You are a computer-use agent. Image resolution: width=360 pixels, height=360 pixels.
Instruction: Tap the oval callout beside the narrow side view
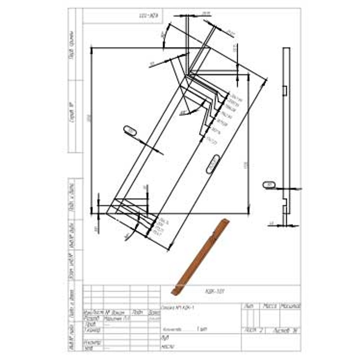click(x=269, y=184)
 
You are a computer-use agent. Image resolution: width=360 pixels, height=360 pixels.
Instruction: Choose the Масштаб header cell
click(x=290, y=306)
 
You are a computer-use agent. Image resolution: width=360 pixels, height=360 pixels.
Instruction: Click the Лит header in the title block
click(x=249, y=306)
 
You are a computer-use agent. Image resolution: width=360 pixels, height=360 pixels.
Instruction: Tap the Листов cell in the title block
click(x=283, y=330)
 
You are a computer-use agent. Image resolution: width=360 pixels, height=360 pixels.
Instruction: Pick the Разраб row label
click(x=90, y=319)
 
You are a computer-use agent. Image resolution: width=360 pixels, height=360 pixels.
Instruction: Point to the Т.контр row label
click(x=90, y=330)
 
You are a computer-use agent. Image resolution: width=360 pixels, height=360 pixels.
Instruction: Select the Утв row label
click(x=88, y=348)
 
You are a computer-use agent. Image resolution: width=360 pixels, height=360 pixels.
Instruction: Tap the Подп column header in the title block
click(x=138, y=313)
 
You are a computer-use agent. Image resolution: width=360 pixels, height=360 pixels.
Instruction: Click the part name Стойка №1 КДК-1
click(x=177, y=307)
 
